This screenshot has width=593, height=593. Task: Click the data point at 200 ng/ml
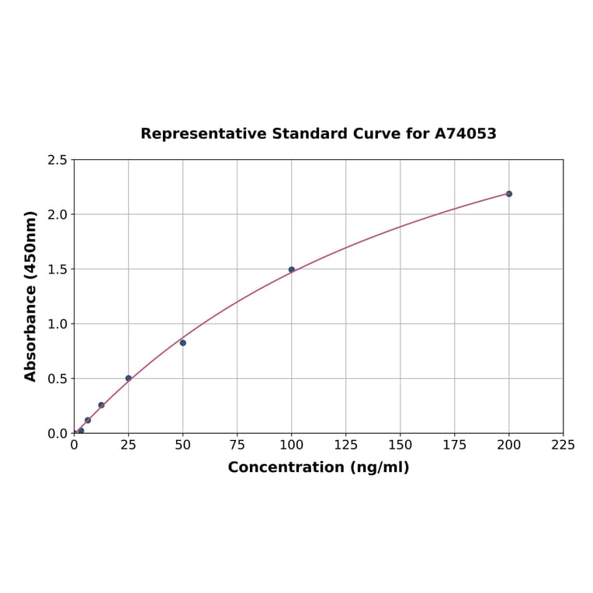(x=509, y=194)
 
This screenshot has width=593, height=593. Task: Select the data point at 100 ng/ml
(x=292, y=270)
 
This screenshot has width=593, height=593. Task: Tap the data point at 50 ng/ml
(x=183, y=343)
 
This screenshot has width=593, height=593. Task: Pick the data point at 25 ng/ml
(x=129, y=379)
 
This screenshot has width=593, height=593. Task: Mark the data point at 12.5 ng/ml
(x=102, y=405)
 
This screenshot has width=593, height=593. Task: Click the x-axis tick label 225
(x=564, y=446)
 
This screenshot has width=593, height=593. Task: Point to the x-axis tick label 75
(x=238, y=446)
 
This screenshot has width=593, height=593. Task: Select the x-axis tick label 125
(x=346, y=446)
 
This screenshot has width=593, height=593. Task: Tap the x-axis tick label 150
(x=401, y=446)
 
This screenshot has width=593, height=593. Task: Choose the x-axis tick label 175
(x=455, y=446)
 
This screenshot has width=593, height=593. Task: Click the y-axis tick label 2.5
(x=57, y=160)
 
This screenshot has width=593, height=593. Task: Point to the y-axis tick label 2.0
(x=57, y=214)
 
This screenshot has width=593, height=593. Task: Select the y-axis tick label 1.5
(x=57, y=269)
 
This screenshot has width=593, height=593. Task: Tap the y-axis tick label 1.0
(x=57, y=324)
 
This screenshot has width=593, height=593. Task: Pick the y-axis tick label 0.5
(x=57, y=379)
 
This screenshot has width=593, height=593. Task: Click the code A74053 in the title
(x=466, y=134)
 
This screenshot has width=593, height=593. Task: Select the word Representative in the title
(x=203, y=134)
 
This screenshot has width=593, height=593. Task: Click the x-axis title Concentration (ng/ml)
(x=318, y=468)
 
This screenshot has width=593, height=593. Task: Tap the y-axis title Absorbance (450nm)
(x=31, y=296)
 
